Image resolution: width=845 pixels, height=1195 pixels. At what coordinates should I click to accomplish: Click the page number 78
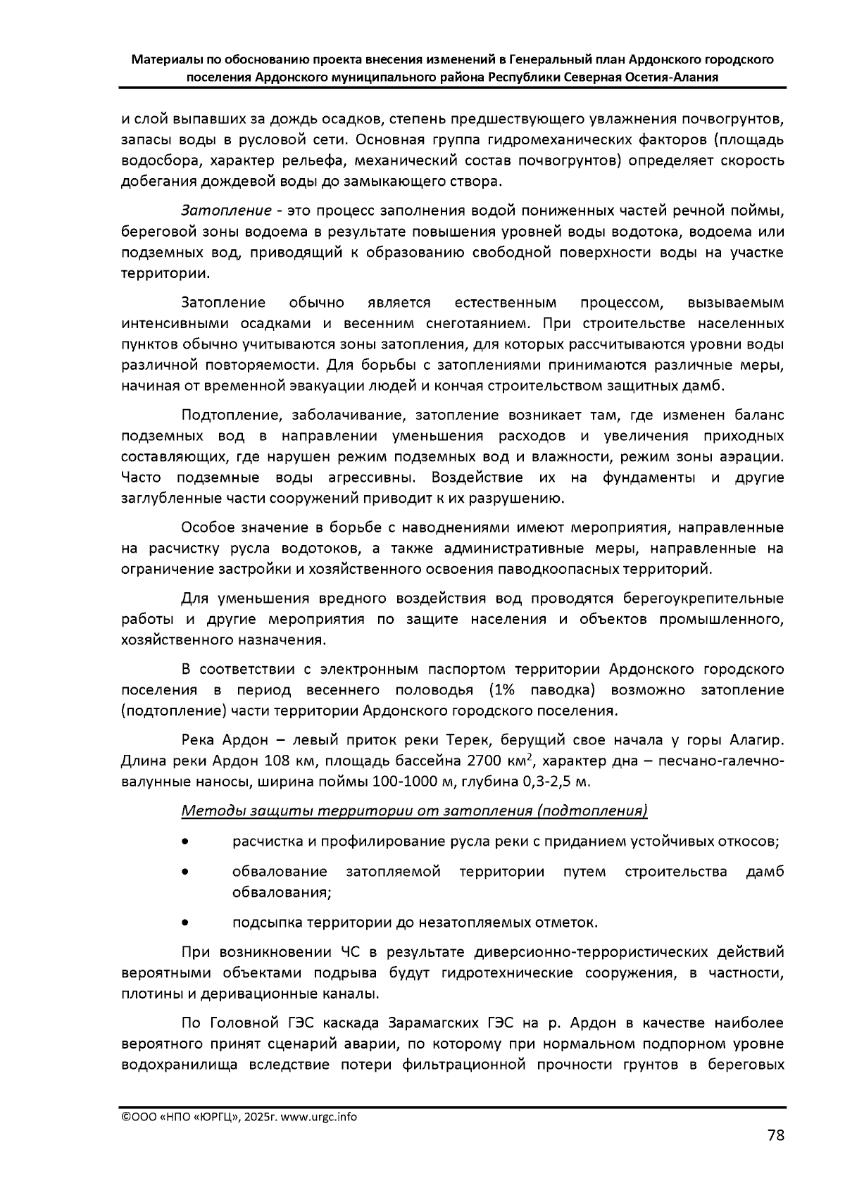775,1135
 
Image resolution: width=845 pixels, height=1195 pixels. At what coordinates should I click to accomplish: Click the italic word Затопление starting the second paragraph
226,211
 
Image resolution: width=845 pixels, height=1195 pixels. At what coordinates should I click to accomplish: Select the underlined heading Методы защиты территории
414,811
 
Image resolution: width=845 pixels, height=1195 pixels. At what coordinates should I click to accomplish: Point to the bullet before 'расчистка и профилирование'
184,841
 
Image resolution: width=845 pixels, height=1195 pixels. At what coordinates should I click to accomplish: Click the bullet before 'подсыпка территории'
184,922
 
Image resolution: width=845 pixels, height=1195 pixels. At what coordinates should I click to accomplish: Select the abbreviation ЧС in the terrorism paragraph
350,953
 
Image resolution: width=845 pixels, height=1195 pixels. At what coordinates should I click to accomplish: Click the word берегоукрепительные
703,599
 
